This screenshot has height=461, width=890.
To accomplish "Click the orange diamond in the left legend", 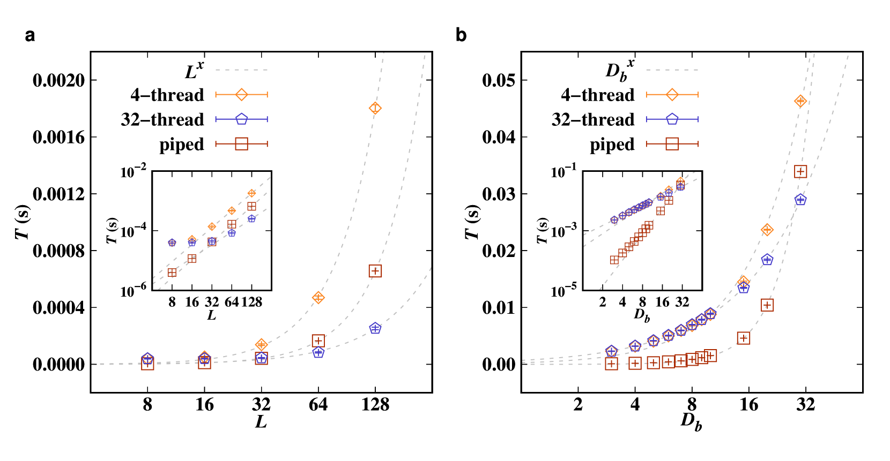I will [x=241, y=95].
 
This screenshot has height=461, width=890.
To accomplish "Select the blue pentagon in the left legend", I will [x=241, y=119].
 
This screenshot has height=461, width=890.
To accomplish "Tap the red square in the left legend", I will [x=241, y=143].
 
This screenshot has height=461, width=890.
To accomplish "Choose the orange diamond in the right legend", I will [x=672, y=95].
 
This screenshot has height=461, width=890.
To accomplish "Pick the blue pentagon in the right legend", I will [x=672, y=119].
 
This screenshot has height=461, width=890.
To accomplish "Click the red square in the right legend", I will [x=672, y=143].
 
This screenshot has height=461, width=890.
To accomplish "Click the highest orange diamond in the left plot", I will [x=375, y=108].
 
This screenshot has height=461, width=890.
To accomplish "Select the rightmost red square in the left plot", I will [x=375, y=271].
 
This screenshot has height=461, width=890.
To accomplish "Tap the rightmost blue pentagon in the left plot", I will [x=375, y=328].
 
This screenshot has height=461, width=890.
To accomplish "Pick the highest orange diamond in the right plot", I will [x=800, y=101].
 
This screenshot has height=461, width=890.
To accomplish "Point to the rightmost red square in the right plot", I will [x=800, y=171].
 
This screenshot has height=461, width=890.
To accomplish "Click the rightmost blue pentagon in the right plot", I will [x=800, y=200].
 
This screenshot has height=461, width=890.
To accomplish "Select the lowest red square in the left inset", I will [x=172, y=273].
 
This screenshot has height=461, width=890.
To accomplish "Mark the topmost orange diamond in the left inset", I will [x=251, y=193].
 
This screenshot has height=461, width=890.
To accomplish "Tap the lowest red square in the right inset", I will [x=614, y=260].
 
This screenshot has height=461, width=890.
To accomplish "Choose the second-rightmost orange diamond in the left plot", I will [x=318, y=298].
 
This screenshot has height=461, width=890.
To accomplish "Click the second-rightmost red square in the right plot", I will [x=767, y=305].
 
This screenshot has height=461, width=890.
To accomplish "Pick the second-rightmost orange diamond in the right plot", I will [x=767, y=230].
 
